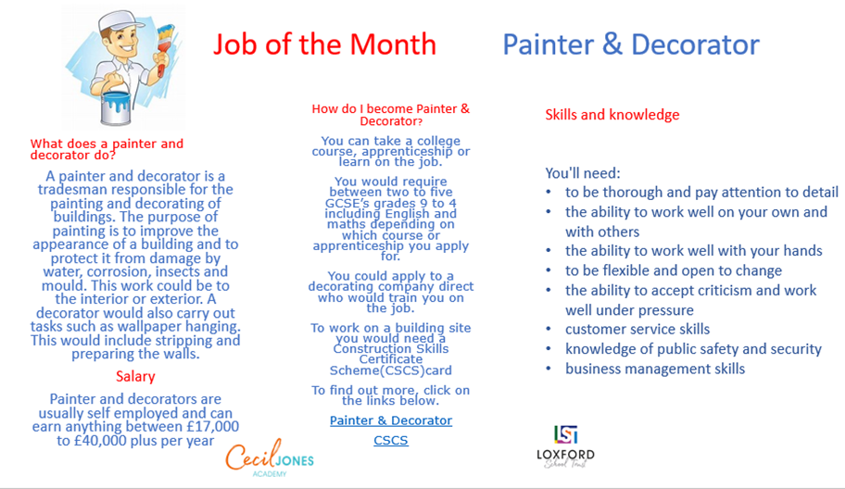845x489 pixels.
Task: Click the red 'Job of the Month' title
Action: point(324,44)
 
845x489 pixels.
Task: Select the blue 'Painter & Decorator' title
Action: point(631,44)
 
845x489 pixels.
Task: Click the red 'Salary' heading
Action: point(135,376)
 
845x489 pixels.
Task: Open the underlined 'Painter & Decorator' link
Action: point(391,420)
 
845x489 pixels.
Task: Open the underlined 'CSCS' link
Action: point(391,440)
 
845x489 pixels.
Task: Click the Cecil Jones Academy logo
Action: point(270,458)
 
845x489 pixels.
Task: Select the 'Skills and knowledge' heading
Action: point(612,115)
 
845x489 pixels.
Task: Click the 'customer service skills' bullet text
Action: point(637,329)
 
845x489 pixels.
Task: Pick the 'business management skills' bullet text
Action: point(655,369)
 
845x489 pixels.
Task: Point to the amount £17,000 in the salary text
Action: point(212,427)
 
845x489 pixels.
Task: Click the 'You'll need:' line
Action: point(583,173)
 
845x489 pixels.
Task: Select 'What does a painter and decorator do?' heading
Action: point(107,149)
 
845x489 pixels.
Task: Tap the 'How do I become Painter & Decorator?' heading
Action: point(391,115)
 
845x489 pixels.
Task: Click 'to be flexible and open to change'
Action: point(674,270)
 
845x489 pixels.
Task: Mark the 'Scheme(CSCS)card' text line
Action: point(391,370)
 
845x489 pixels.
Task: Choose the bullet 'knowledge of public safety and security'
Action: point(694,349)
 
